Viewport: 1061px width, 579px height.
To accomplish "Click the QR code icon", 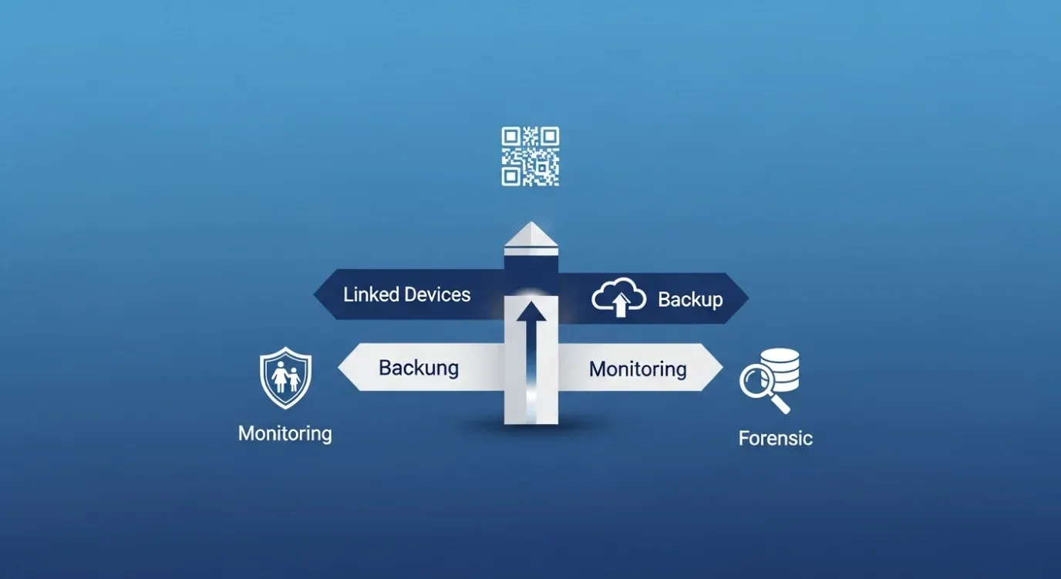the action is click(x=530, y=157).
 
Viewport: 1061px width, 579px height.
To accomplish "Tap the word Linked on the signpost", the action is click(x=371, y=295).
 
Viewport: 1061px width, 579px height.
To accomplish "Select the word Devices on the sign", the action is click(x=438, y=295).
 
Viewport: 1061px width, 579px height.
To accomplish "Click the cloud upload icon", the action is click(x=619, y=297).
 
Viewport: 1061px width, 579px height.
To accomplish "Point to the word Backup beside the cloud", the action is click(x=690, y=300).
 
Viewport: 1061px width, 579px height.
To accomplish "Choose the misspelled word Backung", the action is click(x=419, y=369).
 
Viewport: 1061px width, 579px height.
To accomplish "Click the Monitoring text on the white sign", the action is click(x=638, y=369).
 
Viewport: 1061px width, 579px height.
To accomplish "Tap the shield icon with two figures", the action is click(x=285, y=377).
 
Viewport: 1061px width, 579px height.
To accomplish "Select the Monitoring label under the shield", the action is click(x=285, y=433).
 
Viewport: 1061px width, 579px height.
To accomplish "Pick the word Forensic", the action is click(x=776, y=439).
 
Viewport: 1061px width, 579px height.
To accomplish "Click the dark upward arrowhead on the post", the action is click(x=531, y=311).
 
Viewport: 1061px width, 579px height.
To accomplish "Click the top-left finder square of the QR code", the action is click(x=510, y=136).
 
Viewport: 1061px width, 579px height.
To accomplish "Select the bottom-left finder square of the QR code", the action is click(x=510, y=177).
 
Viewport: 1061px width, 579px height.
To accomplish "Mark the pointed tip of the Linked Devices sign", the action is click(x=314, y=294).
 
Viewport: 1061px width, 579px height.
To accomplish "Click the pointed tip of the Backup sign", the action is click(x=749, y=298).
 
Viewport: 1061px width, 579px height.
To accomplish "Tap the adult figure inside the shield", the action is click(x=279, y=377).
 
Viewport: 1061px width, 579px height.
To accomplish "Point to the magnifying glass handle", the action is click(x=780, y=404).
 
